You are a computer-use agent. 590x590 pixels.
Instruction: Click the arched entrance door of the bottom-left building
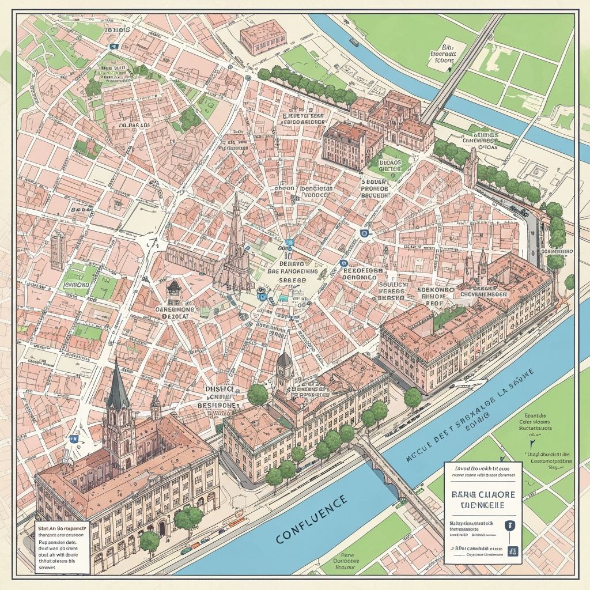(162, 528)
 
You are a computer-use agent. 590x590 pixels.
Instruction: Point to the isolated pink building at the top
(263, 37)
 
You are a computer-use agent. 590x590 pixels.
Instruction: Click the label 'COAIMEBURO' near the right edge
(557, 252)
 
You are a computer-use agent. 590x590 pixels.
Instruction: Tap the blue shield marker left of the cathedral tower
(73, 438)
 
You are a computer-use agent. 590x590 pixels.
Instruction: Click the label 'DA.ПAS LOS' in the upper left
(134, 125)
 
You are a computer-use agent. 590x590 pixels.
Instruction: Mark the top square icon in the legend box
(509, 525)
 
